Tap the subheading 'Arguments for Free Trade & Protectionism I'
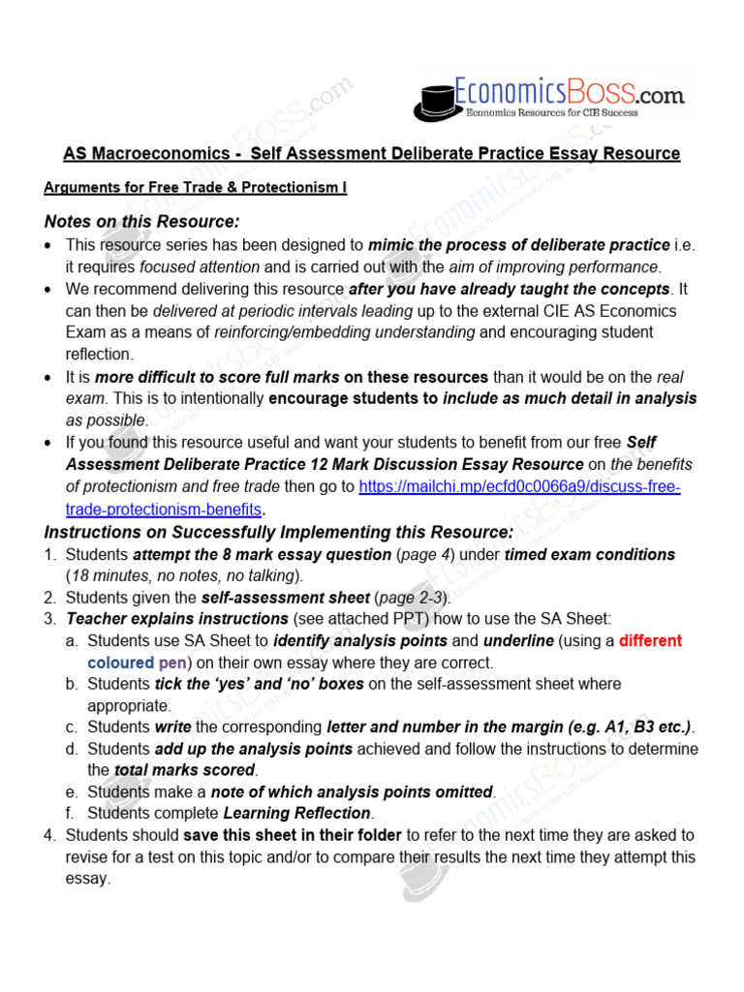(195, 188)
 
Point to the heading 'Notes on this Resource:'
(141, 221)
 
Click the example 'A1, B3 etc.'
(644, 727)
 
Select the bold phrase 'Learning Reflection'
(296, 813)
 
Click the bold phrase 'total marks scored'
(184, 770)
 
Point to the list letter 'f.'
(73, 813)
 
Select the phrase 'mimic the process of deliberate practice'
(518, 245)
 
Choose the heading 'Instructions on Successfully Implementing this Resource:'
(279, 532)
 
